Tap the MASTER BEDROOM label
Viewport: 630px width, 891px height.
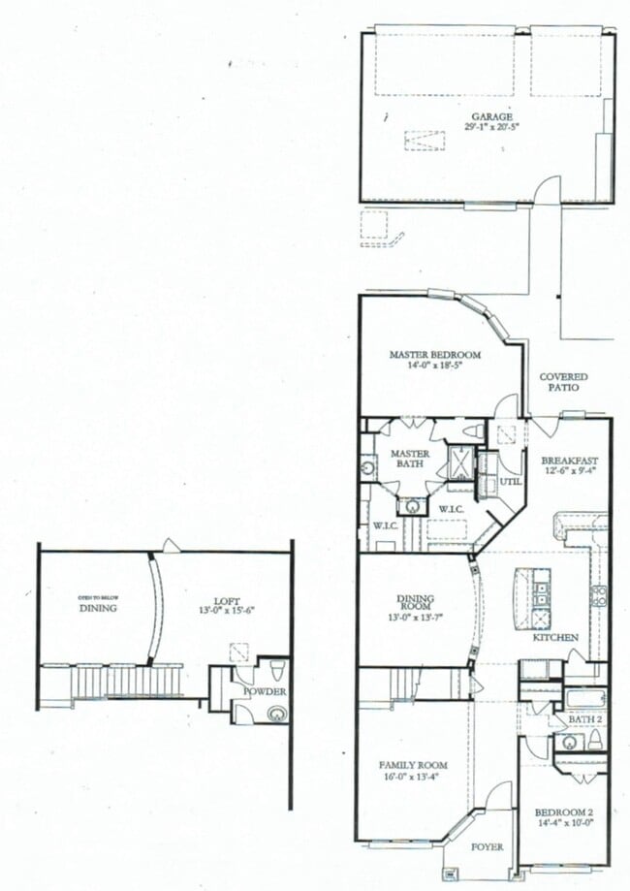(x=435, y=355)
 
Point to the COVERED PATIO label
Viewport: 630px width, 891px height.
(x=564, y=381)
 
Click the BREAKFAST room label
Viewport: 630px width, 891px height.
(x=570, y=461)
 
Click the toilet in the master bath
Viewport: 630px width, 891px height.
(x=472, y=430)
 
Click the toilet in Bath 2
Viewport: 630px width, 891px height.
(x=594, y=742)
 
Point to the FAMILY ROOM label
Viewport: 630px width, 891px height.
(x=413, y=766)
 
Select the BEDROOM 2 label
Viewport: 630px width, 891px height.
(x=562, y=812)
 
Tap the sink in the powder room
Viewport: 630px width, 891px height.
(x=278, y=715)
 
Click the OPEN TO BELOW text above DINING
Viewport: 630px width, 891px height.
(x=98, y=597)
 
